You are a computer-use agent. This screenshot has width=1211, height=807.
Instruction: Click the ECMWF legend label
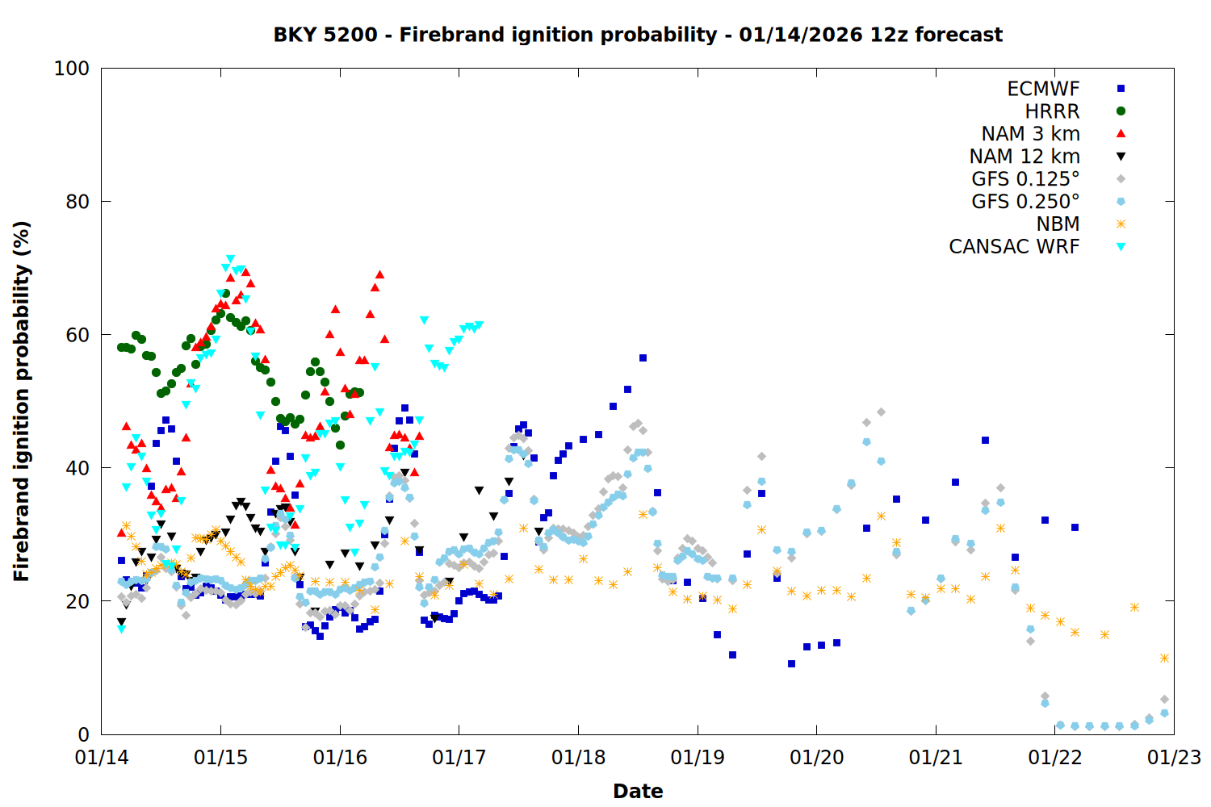1043,89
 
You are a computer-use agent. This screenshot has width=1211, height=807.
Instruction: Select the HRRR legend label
1052,111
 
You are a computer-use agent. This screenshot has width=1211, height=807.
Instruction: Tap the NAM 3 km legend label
1030,134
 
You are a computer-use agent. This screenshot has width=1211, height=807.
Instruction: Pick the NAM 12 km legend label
1025,157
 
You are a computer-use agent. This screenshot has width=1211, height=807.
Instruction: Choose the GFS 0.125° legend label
1025,179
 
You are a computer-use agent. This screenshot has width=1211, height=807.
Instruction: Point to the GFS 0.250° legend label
1025,202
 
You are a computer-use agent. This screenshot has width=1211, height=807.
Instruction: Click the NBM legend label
1058,224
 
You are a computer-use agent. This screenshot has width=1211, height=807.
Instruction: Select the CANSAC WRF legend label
1014,247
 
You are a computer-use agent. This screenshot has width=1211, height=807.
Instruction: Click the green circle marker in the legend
1121,111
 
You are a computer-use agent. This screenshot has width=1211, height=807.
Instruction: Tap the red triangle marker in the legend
1121,133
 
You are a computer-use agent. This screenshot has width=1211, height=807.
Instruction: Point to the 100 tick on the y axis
72,69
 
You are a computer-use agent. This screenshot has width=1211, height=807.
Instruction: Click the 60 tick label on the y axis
78,335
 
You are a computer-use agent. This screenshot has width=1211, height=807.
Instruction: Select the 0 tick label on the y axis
83,734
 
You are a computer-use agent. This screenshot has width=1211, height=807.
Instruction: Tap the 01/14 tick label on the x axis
102,758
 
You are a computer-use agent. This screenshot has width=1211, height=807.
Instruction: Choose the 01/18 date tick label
578,758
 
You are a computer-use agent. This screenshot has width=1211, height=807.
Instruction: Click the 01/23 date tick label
1174,758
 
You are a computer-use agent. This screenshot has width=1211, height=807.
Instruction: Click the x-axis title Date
638,791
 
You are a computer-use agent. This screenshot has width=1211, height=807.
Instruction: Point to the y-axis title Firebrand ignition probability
22,401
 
